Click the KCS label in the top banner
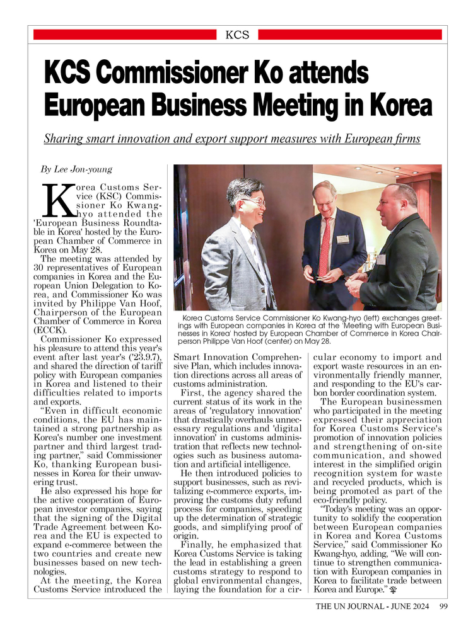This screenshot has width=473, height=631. [x=237, y=35]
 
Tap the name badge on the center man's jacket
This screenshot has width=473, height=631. [x=342, y=239]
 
